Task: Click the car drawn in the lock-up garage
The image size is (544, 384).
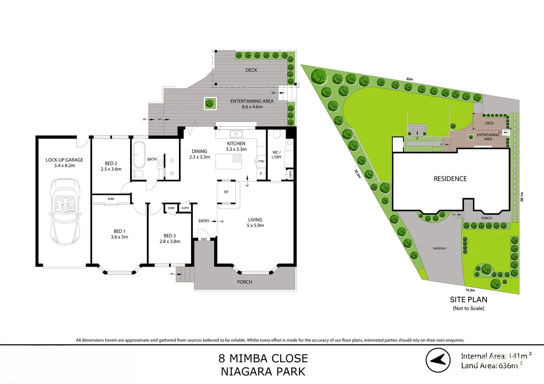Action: click(x=65, y=212)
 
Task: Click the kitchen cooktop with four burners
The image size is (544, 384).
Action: click(x=237, y=159)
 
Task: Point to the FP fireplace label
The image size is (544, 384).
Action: click(x=226, y=192)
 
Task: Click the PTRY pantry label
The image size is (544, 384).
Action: click(x=261, y=161)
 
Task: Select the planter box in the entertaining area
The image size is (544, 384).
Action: click(x=210, y=103)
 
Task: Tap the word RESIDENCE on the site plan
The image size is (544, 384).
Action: click(x=450, y=179)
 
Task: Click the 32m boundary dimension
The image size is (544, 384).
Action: click(x=410, y=79)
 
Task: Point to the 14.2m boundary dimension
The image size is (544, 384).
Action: click(x=470, y=290)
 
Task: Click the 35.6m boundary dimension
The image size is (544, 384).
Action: click(x=357, y=174)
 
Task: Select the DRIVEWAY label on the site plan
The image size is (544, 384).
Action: click(x=440, y=249)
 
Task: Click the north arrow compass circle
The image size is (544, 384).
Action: click(x=438, y=360)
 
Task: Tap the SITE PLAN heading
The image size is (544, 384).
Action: click(x=469, y=300)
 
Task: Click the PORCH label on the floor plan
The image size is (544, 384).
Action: click(x=244, y=282)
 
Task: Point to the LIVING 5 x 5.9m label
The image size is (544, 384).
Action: click(x=255, y=223)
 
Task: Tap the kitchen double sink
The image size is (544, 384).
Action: click(x=236, y=134)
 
